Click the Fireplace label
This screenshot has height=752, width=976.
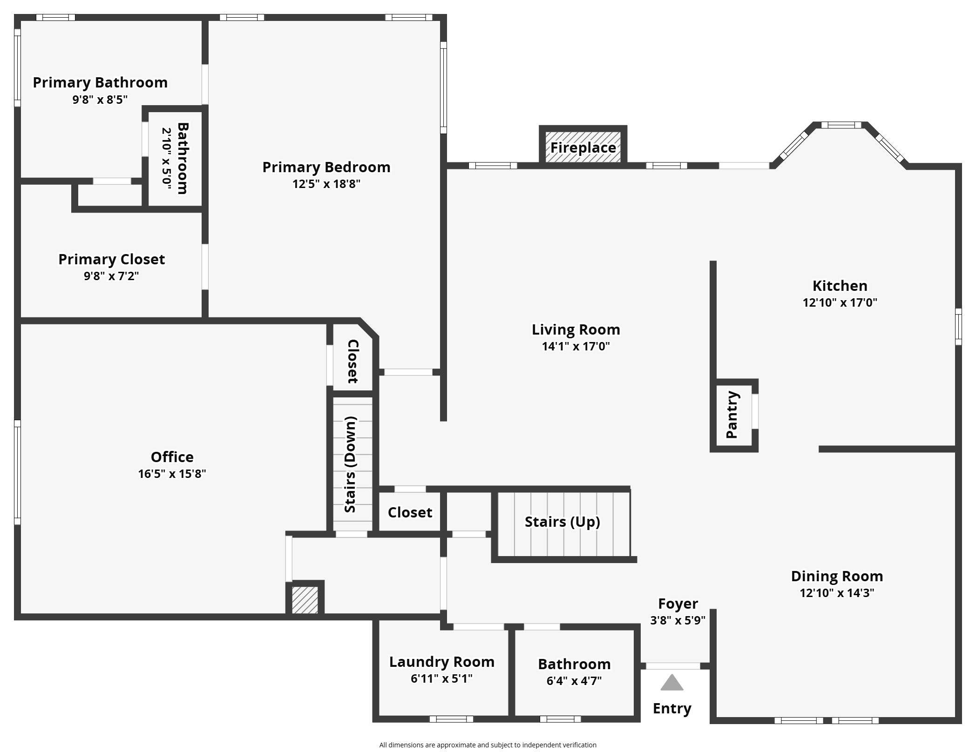click(x=583, y=148)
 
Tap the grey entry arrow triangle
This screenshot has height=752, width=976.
click(x=671, y=683)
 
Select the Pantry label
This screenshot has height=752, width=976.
click(x=732, y=415)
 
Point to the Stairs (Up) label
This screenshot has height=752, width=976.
click(x=562, y=522)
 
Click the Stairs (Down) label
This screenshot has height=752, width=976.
click(x=351, y=464)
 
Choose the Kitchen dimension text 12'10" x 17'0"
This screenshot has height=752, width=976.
click(x=840, y=302)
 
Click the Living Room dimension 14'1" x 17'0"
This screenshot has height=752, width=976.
click(x=576, y=346)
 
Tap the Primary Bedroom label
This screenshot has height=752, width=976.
click(x=326, y=167)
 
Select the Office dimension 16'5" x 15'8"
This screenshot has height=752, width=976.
click(x=172, y=474)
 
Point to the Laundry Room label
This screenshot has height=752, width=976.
click(x=441, y=662)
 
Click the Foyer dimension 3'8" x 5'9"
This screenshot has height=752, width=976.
click(x=678, y=620)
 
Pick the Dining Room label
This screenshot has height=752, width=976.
click(x=837, y=576)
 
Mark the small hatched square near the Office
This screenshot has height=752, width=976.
click(x=305, y=600)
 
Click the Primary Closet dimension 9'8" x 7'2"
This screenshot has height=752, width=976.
click(x=111, y=276)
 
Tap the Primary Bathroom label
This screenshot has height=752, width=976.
click(x=100, y=82)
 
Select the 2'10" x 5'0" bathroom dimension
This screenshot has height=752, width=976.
click(x=167, y=158)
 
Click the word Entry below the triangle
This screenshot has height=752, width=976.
click(x=671, y=708)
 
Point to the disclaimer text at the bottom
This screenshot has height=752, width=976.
click(x=488, y=745)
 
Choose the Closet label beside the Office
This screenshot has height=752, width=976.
click(x=353, y=362)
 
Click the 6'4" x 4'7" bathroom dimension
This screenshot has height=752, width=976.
click(x=574, y=681)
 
